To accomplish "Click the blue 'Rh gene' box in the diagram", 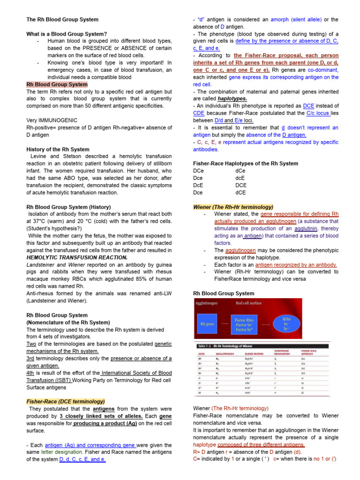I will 207,323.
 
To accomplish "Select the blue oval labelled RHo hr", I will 286,323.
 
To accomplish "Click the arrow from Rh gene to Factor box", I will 225,324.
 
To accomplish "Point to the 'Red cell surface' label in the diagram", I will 248,303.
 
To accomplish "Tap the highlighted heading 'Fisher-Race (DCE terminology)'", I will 66,401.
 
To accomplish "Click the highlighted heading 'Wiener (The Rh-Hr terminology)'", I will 233,207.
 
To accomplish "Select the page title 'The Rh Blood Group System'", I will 62,19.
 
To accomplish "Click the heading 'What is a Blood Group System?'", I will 67,34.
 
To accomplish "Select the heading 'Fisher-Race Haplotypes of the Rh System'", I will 246,164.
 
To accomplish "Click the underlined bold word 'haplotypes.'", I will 232,99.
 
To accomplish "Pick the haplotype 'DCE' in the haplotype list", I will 241,185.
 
